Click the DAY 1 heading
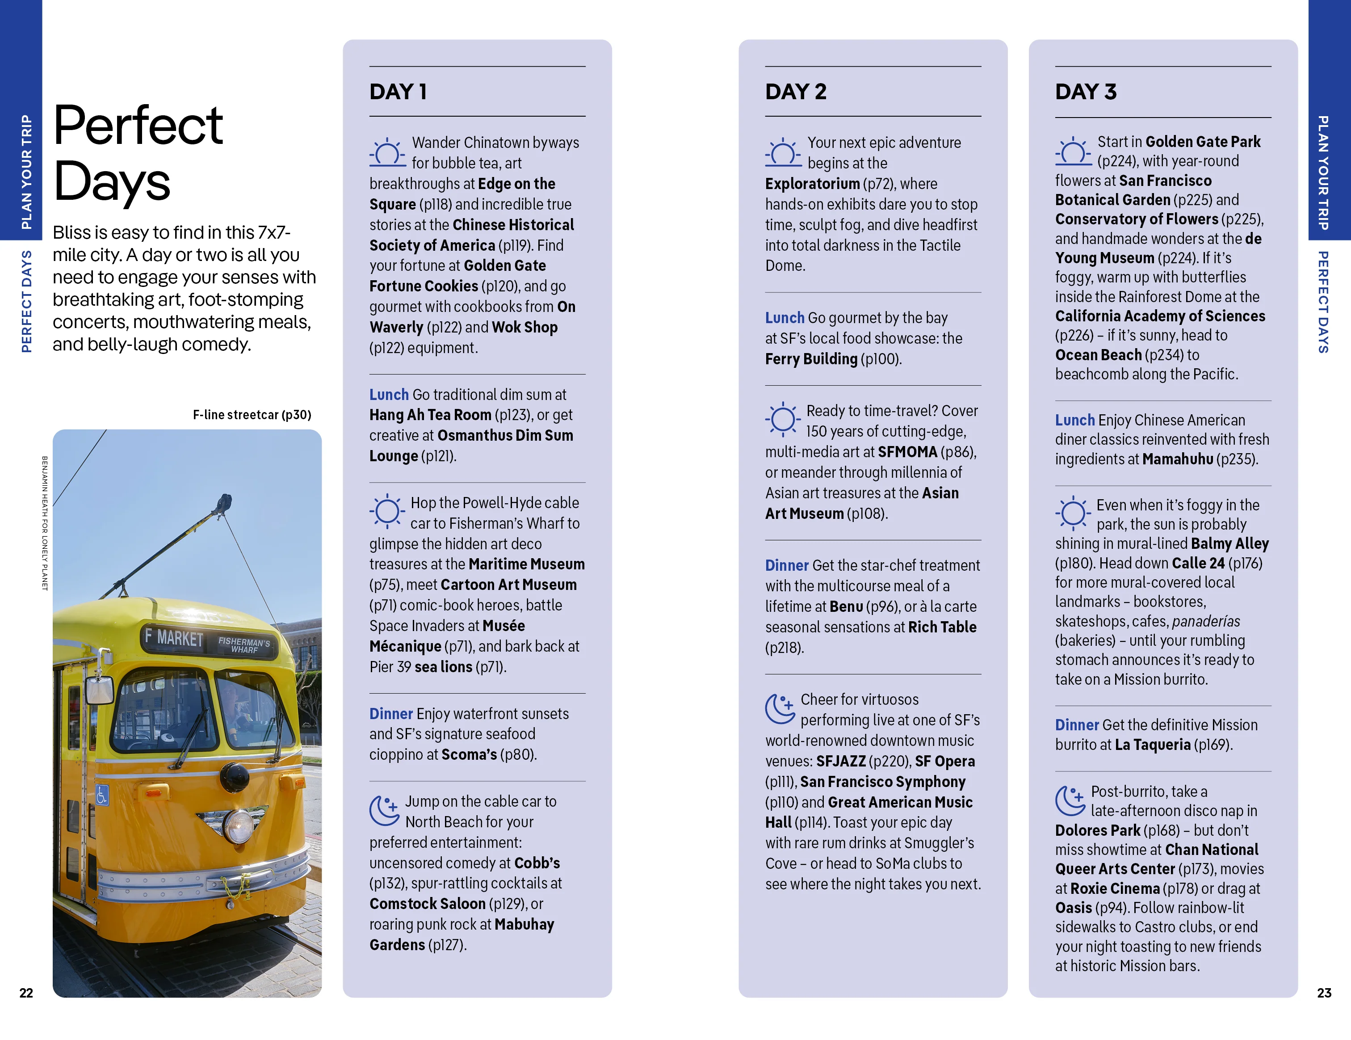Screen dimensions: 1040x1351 coord(398,92)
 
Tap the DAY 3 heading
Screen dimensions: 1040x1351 coord(1086,92)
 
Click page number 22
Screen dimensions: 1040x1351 coord(26,992)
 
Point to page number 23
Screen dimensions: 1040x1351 coord(1324,992)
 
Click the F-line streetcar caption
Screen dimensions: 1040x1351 coord(252,414)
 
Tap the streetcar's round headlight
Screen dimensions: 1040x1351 coord(238,824)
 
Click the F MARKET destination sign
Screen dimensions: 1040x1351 coord(174,637)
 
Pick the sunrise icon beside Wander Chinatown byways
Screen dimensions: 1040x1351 coord(387,152)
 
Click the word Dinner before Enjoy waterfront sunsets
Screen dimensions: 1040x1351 coord(390,713)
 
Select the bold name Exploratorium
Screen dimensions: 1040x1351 coord(812,184)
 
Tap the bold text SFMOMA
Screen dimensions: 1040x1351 coord(907,452)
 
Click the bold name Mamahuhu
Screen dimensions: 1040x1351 coord(1177,459)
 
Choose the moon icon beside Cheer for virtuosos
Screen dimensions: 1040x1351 coord(780,708)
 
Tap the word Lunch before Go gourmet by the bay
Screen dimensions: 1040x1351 coord(785,317)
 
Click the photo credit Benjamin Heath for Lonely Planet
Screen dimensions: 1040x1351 coord(45,523)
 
